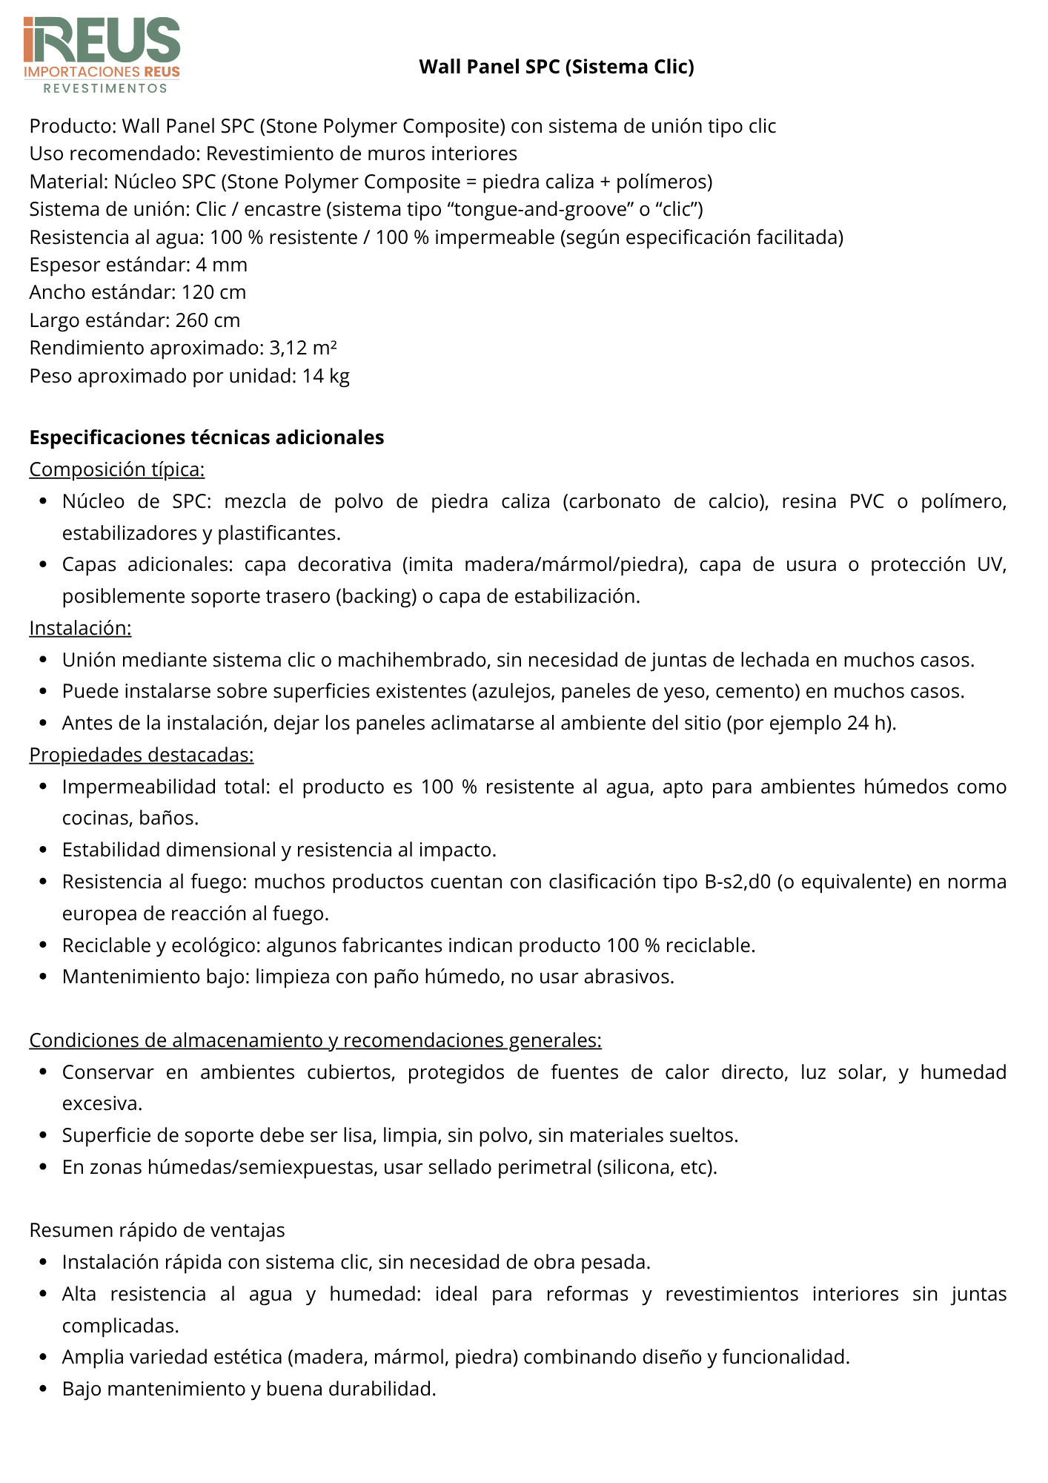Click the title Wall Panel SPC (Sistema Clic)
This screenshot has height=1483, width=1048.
pos(556,67)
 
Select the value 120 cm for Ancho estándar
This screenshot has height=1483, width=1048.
pos(213,292)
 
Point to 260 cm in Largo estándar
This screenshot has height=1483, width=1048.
pos(208,320)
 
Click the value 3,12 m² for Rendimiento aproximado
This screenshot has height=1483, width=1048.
pos(303,348)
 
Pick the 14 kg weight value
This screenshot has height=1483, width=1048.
pos(325,376)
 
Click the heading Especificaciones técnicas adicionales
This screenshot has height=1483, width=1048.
pos(207,437)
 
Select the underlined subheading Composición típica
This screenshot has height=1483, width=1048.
pos(117,469)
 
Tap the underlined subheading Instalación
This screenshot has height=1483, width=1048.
pos(80,628)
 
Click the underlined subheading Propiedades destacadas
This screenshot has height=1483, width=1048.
pos(142,755)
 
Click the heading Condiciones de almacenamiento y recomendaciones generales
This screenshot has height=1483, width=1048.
pos(315,1040)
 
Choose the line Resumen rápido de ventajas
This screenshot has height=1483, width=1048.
pos(157,1230)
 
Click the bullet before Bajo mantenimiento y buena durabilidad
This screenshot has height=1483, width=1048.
pos(43,1389)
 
